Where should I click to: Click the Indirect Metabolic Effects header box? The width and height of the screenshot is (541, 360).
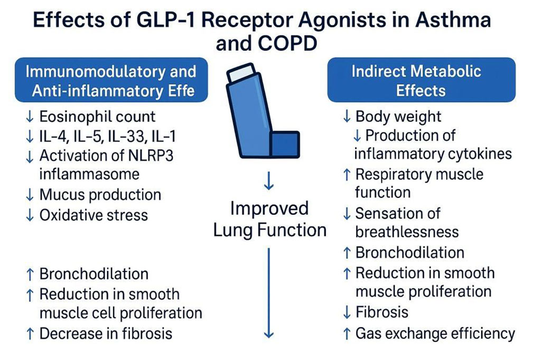click(421, 80)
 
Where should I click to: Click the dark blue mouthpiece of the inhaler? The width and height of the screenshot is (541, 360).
click(285, 144)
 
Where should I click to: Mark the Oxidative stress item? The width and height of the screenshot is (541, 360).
click(94, 215)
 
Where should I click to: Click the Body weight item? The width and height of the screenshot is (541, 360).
click(398, 116)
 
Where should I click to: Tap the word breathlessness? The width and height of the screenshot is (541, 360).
click(407, 232)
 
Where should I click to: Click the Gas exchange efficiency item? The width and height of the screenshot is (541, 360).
click(435, 333)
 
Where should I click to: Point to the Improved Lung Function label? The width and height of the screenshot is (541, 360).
click(269, 219)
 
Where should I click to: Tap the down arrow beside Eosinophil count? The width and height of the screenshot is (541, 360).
click(30, 117)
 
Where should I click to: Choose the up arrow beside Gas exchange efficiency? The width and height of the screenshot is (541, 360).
click(347, 333)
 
